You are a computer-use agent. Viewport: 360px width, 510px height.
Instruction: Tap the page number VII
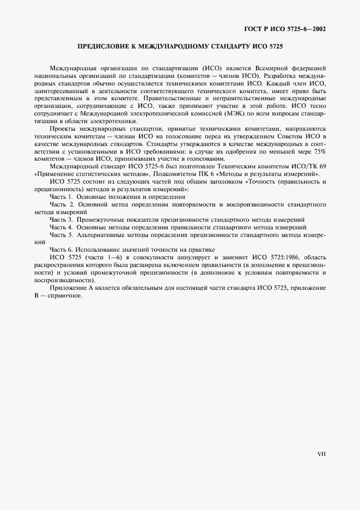(321, 454)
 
